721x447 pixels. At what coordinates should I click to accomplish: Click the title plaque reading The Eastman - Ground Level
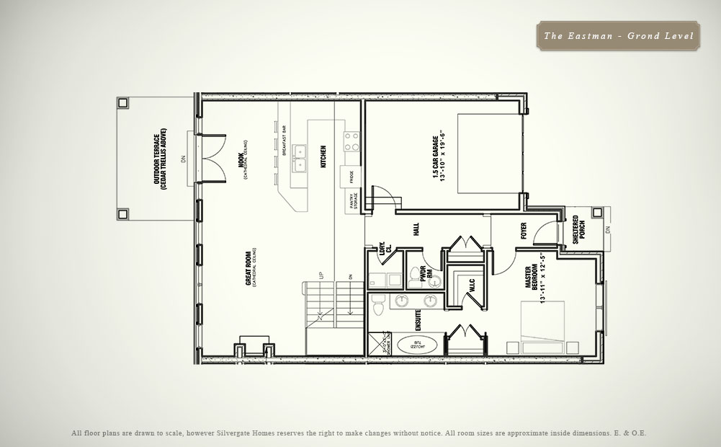click(618, 35)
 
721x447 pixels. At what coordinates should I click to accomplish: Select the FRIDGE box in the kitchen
click(351, 176)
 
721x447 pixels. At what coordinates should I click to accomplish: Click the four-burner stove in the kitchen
click(351, 141)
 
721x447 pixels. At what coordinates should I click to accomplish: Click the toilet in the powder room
click(416, 273)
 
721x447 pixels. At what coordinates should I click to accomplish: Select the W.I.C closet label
click(471, 286)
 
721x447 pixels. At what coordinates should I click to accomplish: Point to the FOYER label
click(524, 230)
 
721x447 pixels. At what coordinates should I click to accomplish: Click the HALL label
click(416, 229)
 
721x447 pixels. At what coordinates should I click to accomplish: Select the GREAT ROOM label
click(251, 267)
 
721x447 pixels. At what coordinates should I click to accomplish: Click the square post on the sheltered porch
click(596, 213)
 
